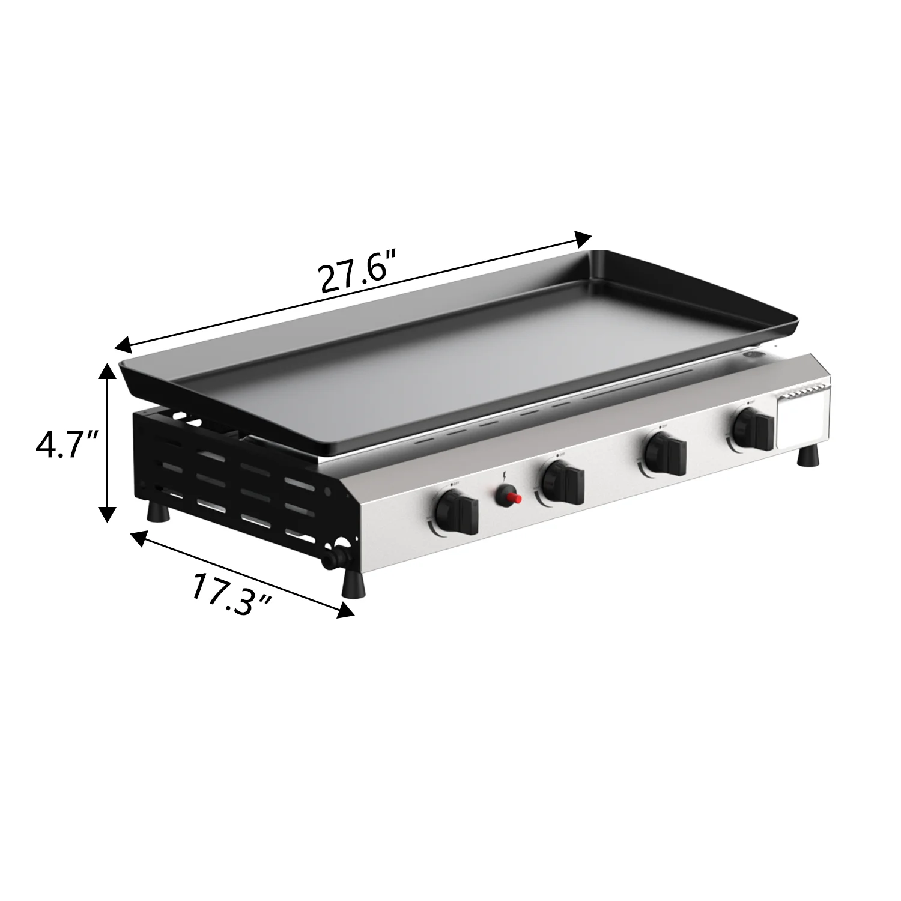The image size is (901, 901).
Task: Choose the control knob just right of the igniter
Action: point(562,482)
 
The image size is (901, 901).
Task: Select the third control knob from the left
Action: point(664,453)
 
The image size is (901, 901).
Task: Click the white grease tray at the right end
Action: point(804,420)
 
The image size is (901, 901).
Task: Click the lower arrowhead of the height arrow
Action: point(107,515)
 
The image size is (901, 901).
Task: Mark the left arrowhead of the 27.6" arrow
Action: point(123,345)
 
